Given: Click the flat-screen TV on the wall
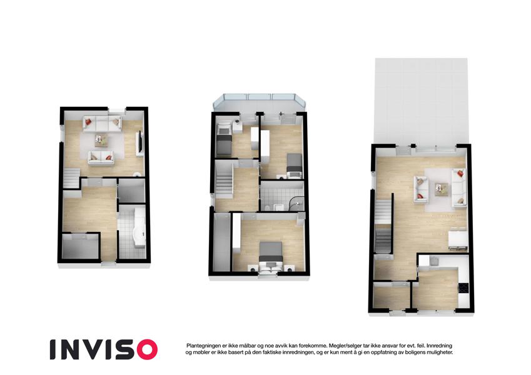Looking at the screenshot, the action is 139,143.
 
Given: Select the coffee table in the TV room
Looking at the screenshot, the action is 101,140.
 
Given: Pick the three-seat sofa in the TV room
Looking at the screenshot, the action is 103,124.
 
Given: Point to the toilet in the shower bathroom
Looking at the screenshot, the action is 267,207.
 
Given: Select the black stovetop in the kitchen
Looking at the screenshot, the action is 463,288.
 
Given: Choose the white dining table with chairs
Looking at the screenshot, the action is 458,239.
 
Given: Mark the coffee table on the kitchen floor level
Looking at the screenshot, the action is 441,189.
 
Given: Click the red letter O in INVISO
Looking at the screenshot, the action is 144,349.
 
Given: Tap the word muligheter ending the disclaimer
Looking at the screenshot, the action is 440,352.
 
